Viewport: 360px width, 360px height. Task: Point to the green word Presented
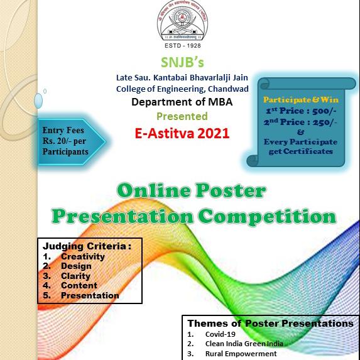point(182,116)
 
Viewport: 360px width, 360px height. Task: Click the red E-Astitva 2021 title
point(182,133)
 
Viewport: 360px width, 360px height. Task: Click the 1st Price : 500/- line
point(300,111)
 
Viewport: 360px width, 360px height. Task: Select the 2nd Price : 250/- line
point(300,121)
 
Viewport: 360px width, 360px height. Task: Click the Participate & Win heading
point(300,100)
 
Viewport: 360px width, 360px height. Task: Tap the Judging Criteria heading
point(86,246)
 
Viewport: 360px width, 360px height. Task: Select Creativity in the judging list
point(83,256)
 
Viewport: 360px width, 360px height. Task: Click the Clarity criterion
point(75,276)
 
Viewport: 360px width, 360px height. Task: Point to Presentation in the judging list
point(90,295)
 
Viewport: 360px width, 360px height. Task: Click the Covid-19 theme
point(219,334)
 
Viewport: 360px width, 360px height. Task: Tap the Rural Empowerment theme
point(241,354)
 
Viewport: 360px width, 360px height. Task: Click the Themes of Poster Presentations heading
point(270,324)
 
